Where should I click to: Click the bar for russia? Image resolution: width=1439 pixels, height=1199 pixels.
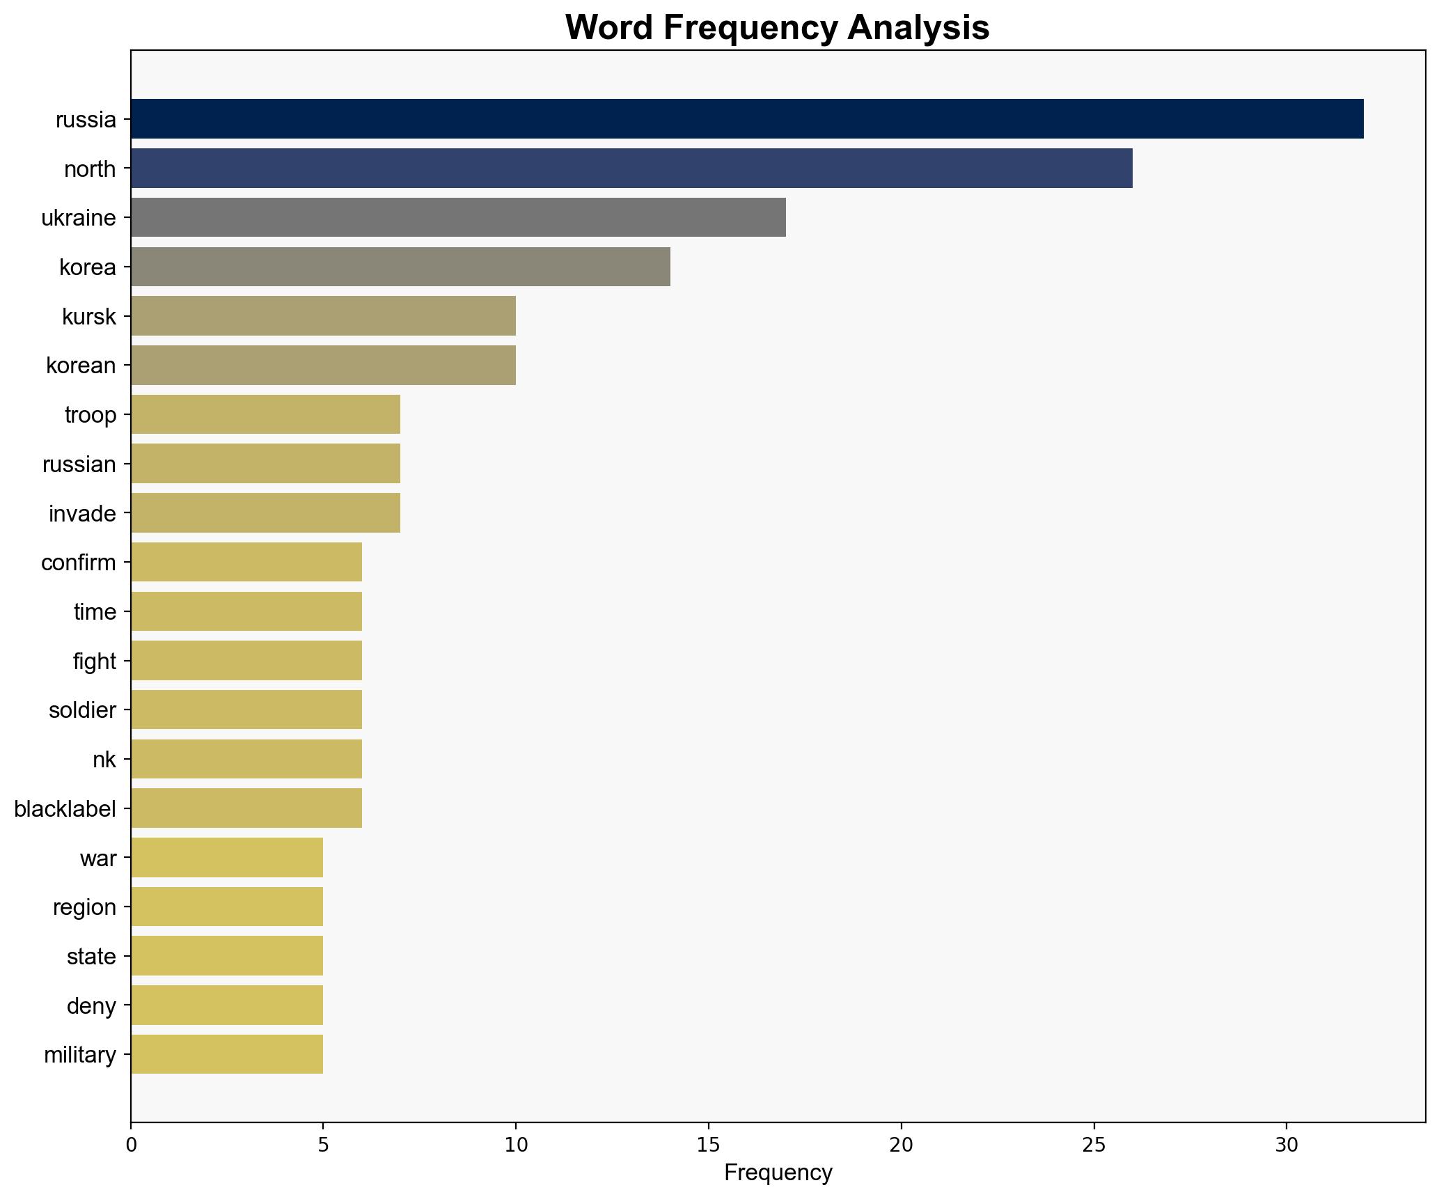746,119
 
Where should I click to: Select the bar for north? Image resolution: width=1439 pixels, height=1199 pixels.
631,169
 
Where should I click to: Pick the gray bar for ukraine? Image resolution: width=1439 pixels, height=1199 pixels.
457,218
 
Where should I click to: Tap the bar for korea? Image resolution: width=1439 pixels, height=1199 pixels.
400,267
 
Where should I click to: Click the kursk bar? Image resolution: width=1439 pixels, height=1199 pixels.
323,316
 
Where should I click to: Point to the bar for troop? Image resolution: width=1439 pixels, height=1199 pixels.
265,415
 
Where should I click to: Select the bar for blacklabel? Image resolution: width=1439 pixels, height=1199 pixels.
246,808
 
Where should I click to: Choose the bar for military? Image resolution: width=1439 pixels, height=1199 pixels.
226,1055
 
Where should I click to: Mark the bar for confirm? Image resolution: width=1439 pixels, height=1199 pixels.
246,563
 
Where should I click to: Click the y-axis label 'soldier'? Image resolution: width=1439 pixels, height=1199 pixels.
82,710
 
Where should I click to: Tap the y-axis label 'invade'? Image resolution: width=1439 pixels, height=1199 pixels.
82,514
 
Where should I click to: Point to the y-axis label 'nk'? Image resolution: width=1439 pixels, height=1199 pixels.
104,760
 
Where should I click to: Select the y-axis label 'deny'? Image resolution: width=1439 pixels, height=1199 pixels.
91,1006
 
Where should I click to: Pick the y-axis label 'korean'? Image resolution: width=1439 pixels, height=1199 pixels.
81,366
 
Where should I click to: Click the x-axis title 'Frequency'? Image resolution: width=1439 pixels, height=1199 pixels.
778,1173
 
